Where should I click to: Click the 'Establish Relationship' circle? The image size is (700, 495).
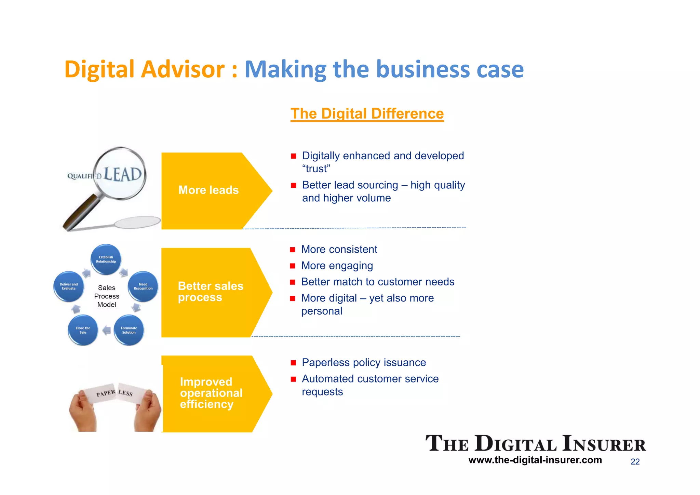click(x=106, y=259)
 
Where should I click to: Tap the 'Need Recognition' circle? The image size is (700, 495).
click(x=143, y=286)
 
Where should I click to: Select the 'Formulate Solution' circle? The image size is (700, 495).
click(x=129, y=330)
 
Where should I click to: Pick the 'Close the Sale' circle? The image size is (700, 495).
click(x=83, y=330)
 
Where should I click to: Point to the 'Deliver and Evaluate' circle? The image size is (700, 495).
click(x=69, y=286)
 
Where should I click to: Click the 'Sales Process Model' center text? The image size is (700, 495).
click(x=107, y=296)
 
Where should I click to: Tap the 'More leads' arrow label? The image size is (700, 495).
click(x=208, y=190)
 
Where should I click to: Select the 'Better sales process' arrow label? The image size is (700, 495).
click(x=210, y=292)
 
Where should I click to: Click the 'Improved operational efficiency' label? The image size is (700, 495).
click(x=211, y=393)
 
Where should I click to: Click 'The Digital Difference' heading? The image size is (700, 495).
click(x=367, y=113)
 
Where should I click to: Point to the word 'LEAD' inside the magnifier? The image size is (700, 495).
click(x=123, y=174)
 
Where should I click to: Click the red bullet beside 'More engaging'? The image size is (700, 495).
click(x=293, y=266)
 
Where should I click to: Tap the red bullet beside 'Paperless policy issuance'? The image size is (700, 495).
click(x=293, y=363)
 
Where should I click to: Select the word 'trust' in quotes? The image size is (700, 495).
click(x=316, y=169)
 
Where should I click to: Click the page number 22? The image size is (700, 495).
click(x=635, y=461)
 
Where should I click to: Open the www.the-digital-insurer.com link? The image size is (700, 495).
click(x=535, y=460)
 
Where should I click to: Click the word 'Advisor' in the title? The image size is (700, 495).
click(x=183, y=69)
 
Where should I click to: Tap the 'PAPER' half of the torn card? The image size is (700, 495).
click(x=106, y=393)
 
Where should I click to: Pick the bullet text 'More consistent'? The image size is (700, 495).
click(x=339, y=250)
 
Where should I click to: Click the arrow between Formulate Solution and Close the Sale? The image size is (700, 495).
click(x=107, y=330)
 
